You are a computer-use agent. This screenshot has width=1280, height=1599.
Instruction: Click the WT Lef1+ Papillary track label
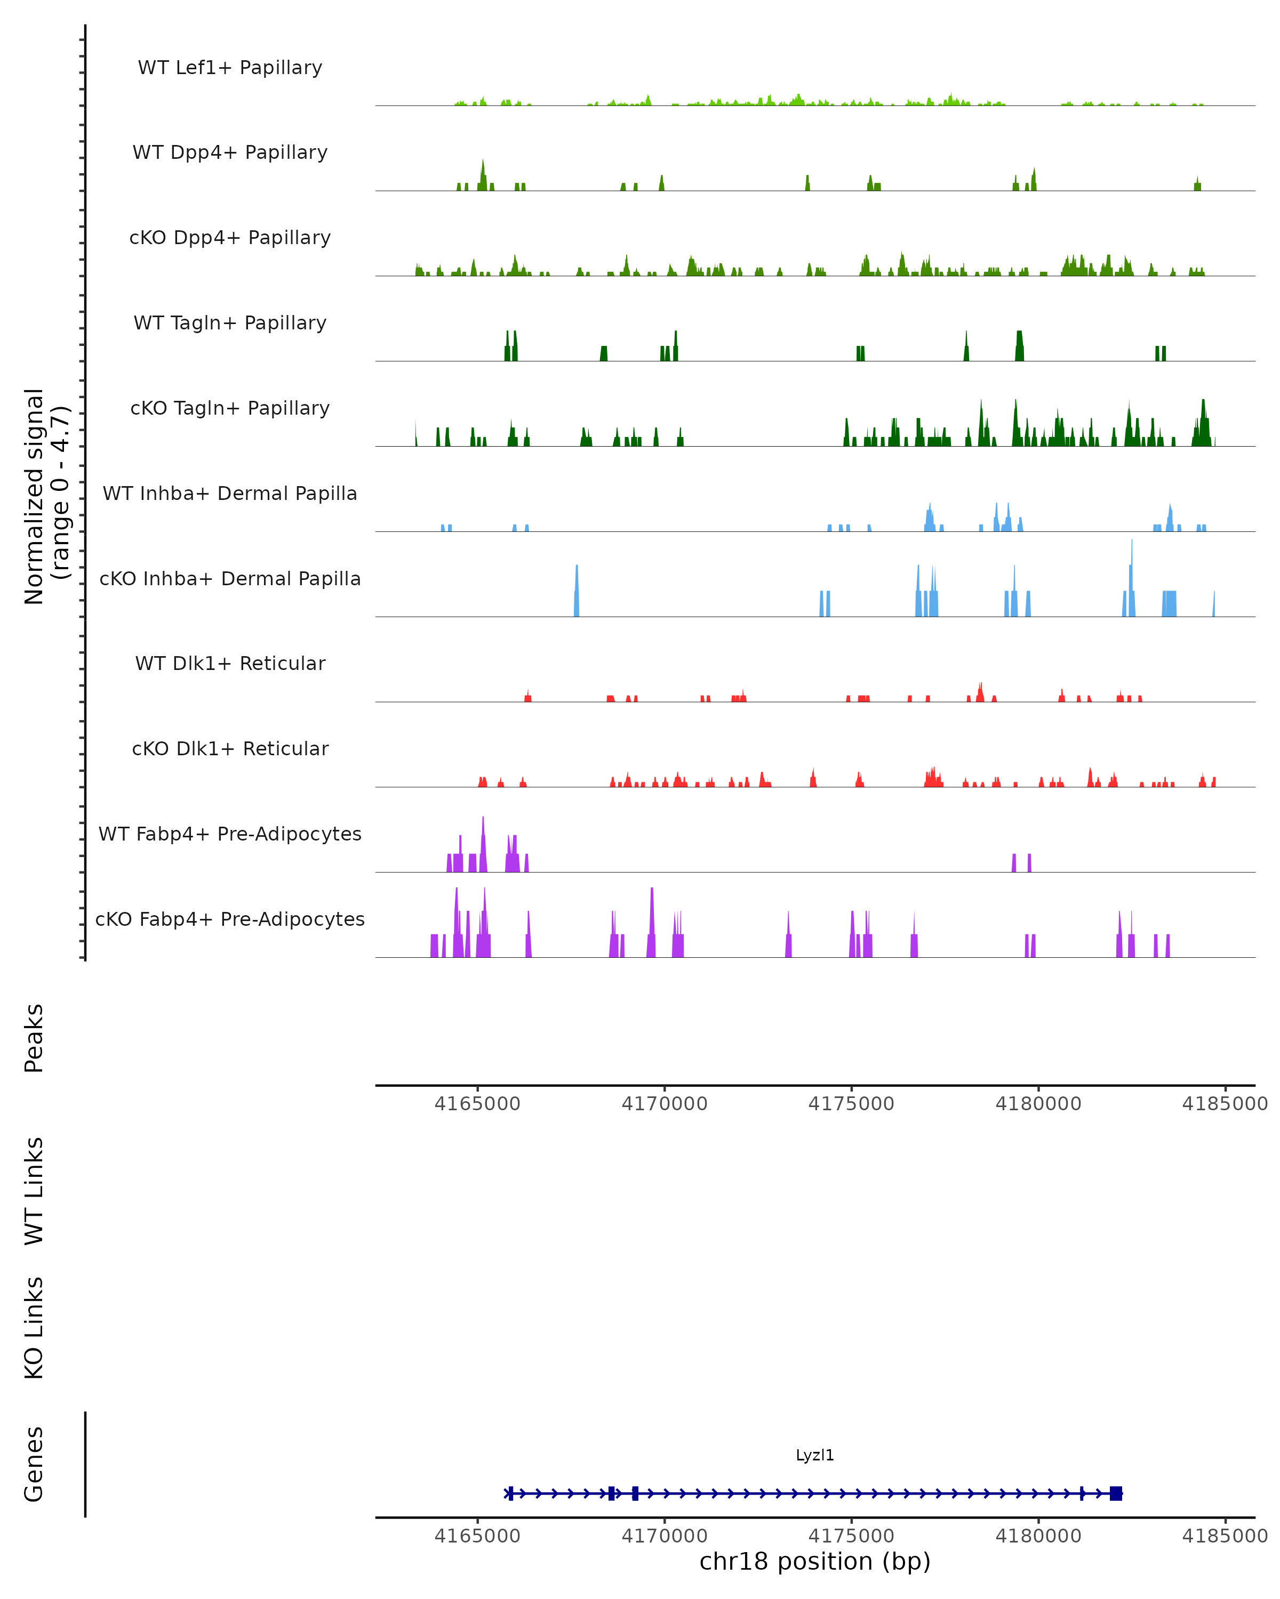pos(230,68)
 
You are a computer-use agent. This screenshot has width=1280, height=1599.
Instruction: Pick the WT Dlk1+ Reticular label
pos(230,663)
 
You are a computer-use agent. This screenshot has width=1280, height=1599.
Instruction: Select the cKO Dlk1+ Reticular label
pos(230,748)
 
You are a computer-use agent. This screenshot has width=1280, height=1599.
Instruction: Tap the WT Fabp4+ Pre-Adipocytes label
pos(230,834)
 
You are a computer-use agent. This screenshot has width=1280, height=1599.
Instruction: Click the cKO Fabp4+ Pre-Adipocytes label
pos(230,919)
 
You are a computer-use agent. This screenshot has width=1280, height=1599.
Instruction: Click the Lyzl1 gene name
pos(815,1455)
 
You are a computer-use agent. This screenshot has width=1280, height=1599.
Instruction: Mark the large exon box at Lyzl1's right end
pos(1115,1493)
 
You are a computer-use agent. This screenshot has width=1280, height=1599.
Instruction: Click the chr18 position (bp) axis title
pos(815,1561)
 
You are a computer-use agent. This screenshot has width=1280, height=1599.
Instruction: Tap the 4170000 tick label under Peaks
pos(664,1104)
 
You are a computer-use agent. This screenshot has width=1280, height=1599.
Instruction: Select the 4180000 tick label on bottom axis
pos(1038,1536)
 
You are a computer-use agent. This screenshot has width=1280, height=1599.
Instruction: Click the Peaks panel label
pos(34,1038)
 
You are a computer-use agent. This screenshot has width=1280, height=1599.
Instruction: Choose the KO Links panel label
pos(34,1328)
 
